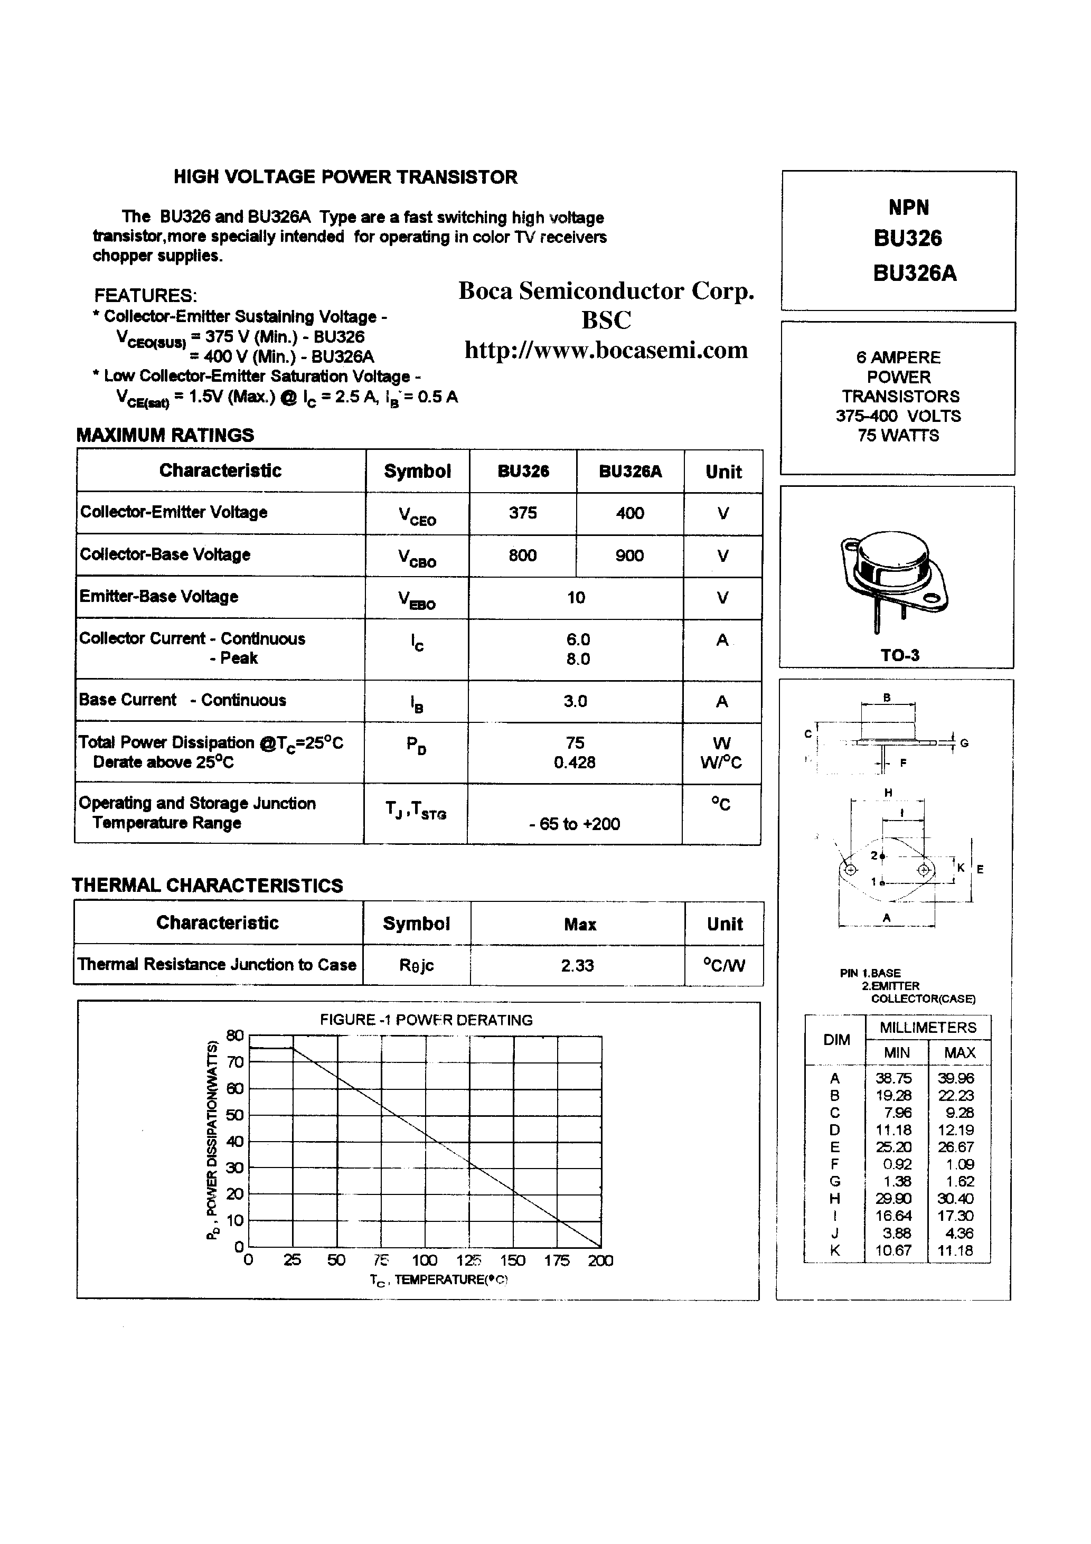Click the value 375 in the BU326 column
pos(523,513)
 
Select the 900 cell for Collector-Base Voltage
pos(629,556)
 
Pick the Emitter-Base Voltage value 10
pos(576,598)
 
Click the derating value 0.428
pos(575,762)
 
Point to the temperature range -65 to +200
pos(575,824)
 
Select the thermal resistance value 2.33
pos(577,966)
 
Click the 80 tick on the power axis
pos(235,1035)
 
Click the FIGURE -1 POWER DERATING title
pos(426,1020)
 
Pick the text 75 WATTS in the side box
pos(898,436)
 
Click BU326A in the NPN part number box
pos(915,274)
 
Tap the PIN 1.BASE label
pos(870,973)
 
